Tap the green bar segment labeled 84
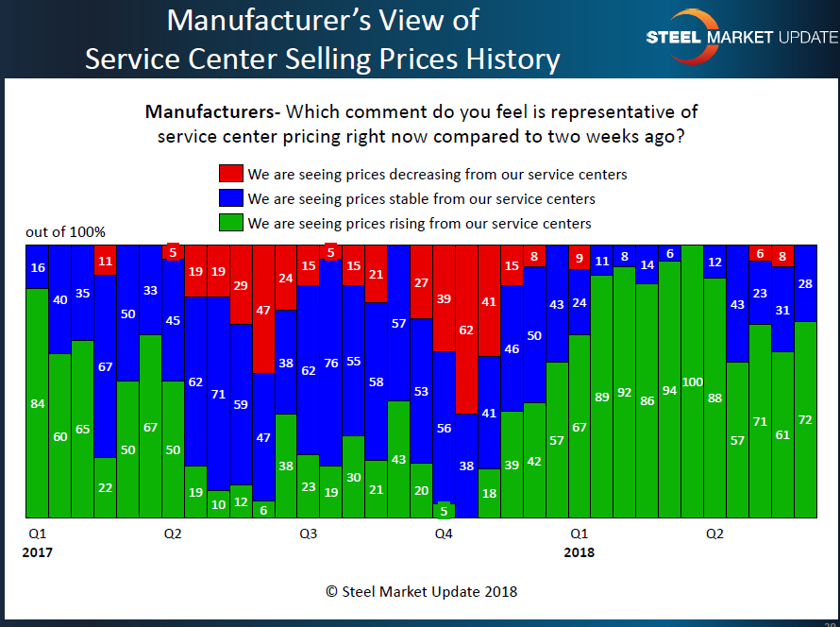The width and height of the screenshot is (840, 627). (x=37, y=403)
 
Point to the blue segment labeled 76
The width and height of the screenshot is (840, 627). (x=330, y=363)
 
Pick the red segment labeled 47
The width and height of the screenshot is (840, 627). (x=263, y=309)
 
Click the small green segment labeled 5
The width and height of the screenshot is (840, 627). (x=444, y=511)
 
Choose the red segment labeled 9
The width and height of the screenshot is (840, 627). (x=580, y=257)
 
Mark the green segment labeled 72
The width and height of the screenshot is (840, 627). (x=805, y=419)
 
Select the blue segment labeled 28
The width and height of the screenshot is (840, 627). (x=805, y=283)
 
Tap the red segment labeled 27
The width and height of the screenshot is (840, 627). (x=421, y=281)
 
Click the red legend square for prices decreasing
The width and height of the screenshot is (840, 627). (x=230, y=174)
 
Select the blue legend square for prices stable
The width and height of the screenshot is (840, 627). (x=230, y=198)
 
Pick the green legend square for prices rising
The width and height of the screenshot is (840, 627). (x=230, y=223)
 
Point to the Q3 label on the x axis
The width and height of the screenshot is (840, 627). (x=309, y=534)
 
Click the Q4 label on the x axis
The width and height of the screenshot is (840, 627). (x=444, y=534)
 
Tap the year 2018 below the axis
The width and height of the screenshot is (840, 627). (x=580, y=552)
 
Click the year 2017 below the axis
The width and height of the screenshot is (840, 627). (x=38, y=552)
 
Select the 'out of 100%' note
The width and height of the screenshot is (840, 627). (x=65, y=232)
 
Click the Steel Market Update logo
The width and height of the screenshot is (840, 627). (x=741, y=37)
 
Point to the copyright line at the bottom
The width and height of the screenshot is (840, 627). (x=421, y=591)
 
